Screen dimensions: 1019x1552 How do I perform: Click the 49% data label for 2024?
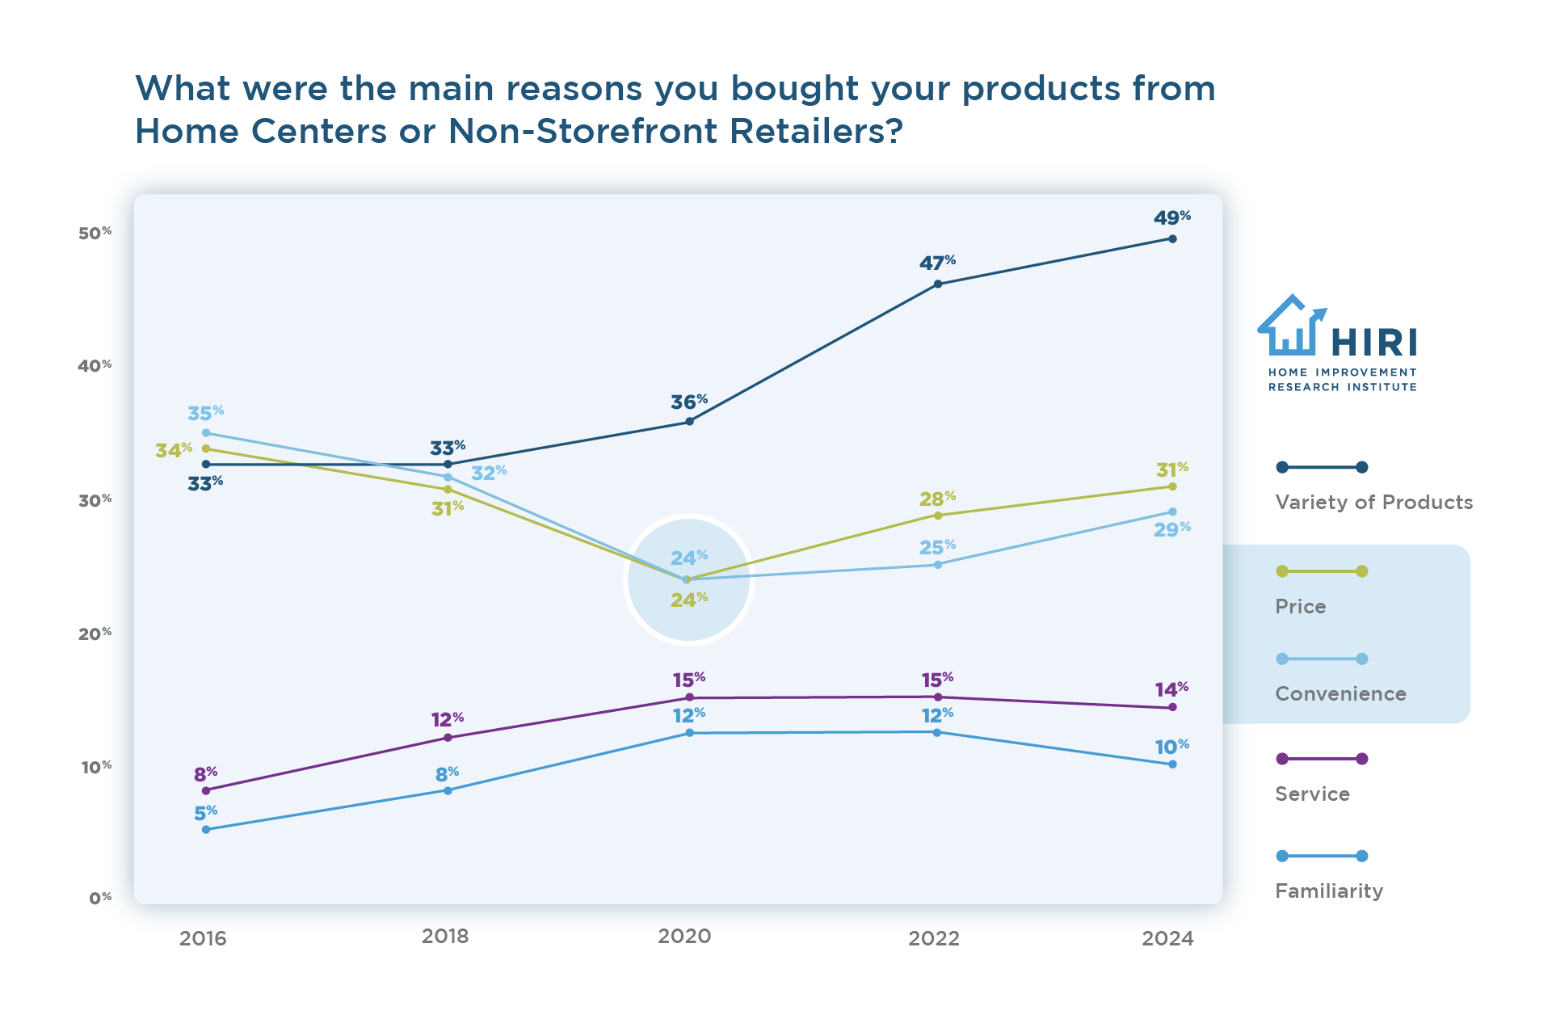[1171, 218]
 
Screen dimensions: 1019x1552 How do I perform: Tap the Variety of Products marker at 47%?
[937, 284]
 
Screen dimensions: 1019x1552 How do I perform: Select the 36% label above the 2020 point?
[688, 402]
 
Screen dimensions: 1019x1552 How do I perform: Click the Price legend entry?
[1300, 606]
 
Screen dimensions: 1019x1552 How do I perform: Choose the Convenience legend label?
[1340, 693]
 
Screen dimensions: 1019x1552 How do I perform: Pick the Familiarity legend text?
[1328, 891]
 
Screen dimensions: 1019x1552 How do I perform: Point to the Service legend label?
[1311, 794]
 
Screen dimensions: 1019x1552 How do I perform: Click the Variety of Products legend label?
[1373, 502]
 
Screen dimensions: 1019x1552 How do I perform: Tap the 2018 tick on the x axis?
[445, 936]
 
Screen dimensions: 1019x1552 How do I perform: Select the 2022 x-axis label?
[933, 938]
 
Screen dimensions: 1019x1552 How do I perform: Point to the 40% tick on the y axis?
[94, 366]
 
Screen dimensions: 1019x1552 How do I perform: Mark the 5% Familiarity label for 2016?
[205, 812]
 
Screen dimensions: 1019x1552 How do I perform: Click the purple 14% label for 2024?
[1171, 689]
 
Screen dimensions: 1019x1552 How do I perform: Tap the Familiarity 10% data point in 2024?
[1172, 764]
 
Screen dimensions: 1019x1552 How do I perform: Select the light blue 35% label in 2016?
[205, 413]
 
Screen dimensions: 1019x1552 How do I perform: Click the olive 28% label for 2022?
[936, 498]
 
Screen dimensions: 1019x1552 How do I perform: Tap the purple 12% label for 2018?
[446, 719]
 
